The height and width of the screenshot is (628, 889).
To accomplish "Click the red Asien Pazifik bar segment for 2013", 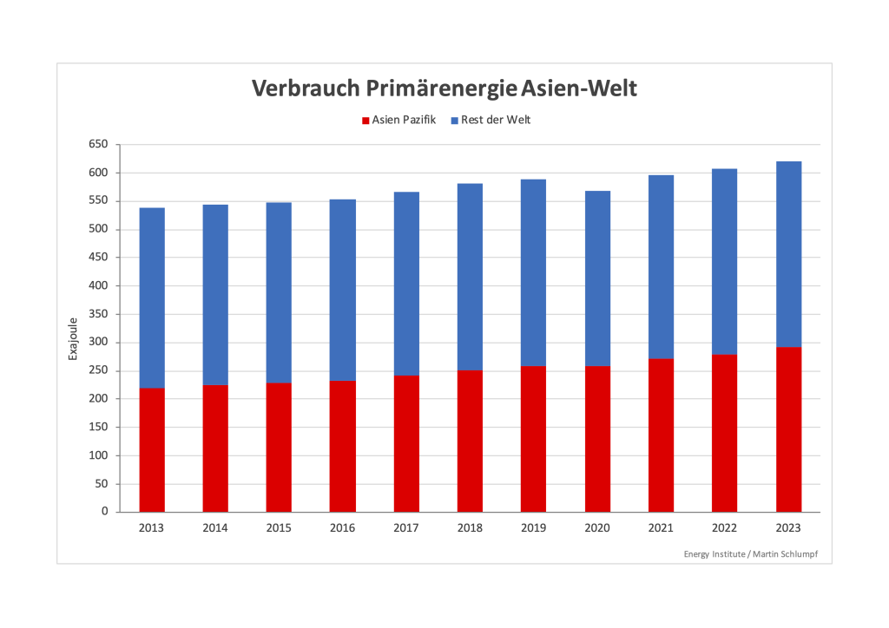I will (x=152, y=449).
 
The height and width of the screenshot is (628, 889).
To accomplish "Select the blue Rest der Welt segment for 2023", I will (x=788, y=254).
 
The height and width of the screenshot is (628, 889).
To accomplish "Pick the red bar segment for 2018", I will (x=470, y=441).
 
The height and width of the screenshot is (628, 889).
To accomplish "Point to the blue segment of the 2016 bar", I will (x=342, y=290).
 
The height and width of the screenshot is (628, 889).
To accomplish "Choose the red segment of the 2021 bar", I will (x=661, y=435).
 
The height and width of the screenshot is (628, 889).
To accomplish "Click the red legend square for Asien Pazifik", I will (x=366, y=121).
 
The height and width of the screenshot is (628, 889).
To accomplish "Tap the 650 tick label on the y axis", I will (x=97, y=145).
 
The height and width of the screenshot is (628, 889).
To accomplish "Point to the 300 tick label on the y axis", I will (x=97, y=343).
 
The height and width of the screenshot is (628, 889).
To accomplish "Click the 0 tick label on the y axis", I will (x=104, y=512).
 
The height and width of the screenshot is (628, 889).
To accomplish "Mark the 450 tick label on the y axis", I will (x=97, y=258).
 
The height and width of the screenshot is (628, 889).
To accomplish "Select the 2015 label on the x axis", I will (x=279, y=528).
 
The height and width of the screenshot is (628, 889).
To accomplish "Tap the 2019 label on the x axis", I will (x=533, y=528).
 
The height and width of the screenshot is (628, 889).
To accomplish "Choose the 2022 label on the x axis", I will (x=724, y=528).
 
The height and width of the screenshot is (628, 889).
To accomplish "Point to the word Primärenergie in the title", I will (x=443, y=88).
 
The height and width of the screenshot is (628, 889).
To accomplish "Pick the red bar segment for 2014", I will (x=215, y=448).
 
